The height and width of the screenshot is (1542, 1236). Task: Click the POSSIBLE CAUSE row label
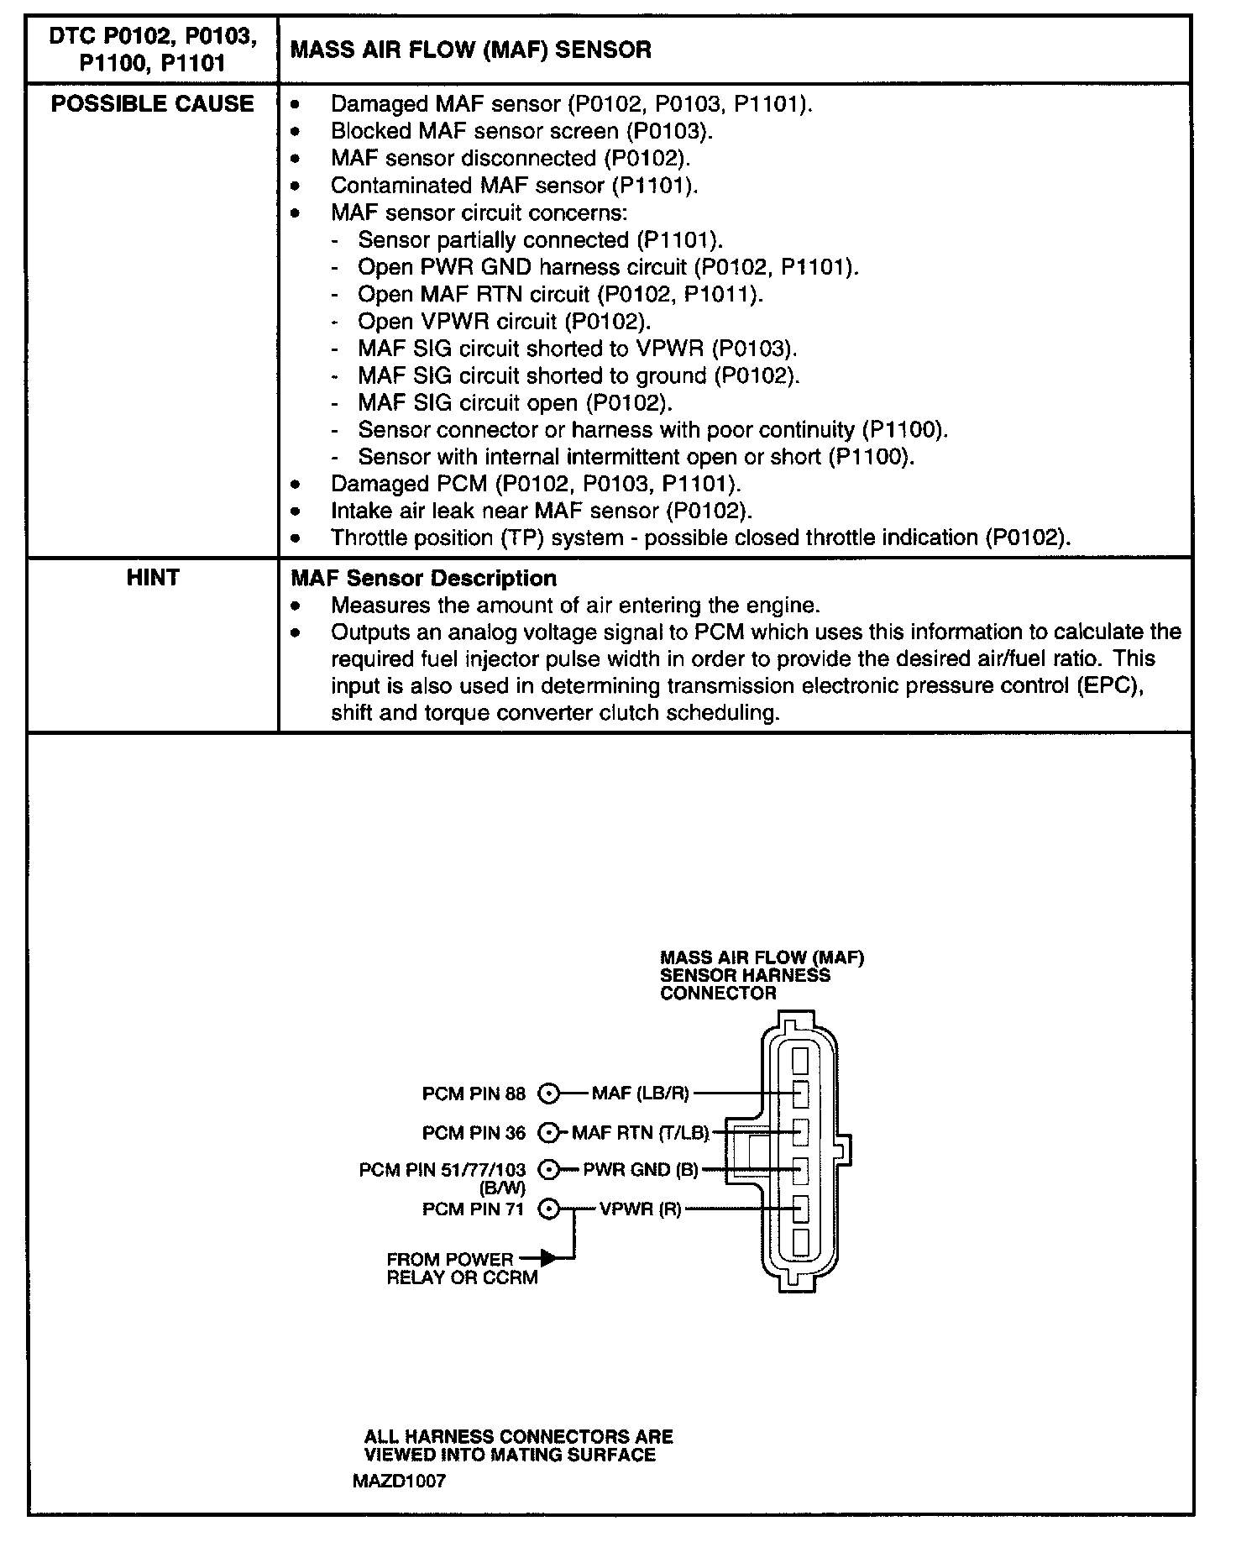pos(152,104)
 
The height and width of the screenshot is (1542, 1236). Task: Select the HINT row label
pos(152,578)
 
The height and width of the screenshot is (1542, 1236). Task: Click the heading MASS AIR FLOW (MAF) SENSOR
pos(470,50)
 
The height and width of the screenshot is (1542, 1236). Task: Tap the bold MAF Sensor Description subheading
pos(423,579)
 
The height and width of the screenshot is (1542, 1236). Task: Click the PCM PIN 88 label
pos(474,1094)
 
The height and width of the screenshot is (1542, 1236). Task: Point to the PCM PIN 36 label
pos(474,1133)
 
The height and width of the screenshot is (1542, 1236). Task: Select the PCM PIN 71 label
pos(474,1209)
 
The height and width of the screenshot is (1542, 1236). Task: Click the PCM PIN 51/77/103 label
pos(443,1169)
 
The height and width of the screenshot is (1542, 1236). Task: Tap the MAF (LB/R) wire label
pos(641,1094)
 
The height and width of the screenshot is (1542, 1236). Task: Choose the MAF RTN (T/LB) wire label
pos(641,1133)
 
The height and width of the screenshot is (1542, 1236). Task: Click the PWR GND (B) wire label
pos(641,1169)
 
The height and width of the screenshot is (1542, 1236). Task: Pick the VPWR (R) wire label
pos(641,1209)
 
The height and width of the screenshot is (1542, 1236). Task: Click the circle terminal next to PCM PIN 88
pos(548,1094)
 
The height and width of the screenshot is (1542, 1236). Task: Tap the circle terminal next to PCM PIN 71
pos(548,1209)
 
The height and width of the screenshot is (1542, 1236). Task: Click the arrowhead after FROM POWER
pos(547,1258)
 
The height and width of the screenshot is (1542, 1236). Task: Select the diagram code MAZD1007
pos(399,1481)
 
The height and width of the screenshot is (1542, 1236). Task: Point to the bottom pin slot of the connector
pos(799,1242)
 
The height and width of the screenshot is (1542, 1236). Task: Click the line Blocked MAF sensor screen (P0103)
pos(521,131)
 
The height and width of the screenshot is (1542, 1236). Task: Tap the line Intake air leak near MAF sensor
pos(541,511)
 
